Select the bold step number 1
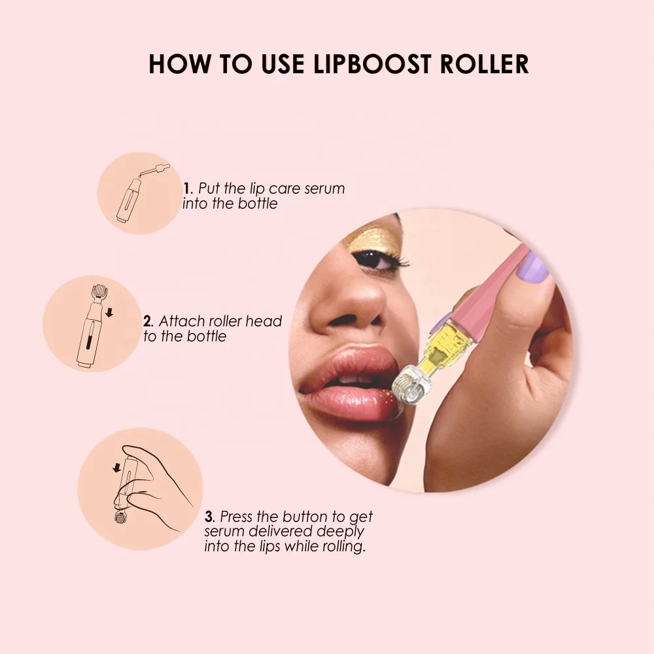click(186, 189)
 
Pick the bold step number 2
click(148, 322)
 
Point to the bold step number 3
click(209, 517)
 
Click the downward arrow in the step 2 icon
click(109, 315)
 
